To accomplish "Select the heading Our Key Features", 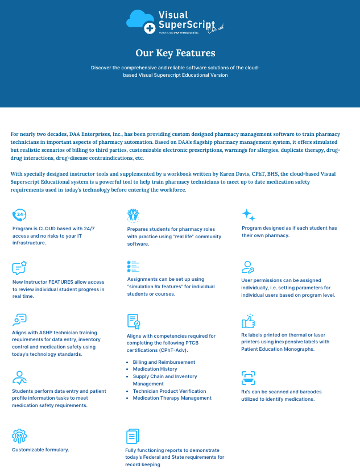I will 175,53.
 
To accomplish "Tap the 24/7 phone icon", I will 19,215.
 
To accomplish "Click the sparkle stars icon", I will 248,215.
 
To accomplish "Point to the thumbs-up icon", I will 248,321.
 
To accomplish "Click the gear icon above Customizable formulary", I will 19,436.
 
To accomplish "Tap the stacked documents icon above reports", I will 132,436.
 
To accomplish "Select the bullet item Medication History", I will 155,369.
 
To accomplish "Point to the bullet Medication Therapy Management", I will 172,398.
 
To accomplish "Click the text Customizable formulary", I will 40,450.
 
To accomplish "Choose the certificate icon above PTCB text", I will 133,321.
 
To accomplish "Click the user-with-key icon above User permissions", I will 248,267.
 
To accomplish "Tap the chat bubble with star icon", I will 19,268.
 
